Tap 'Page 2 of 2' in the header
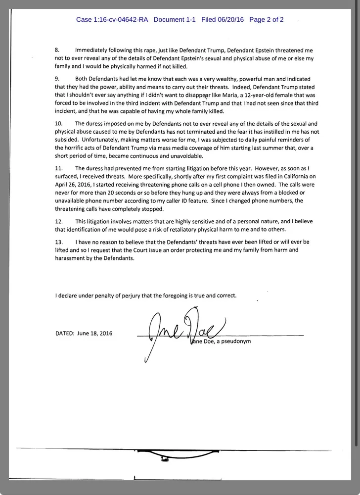[267, 20]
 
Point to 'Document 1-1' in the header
[175, 20]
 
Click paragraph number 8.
[57, 50]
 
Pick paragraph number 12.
[58, 221]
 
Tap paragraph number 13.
[58, 243]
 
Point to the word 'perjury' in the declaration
[140, 296]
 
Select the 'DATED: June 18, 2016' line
[84, 333]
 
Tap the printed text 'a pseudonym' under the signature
[233, 341]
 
